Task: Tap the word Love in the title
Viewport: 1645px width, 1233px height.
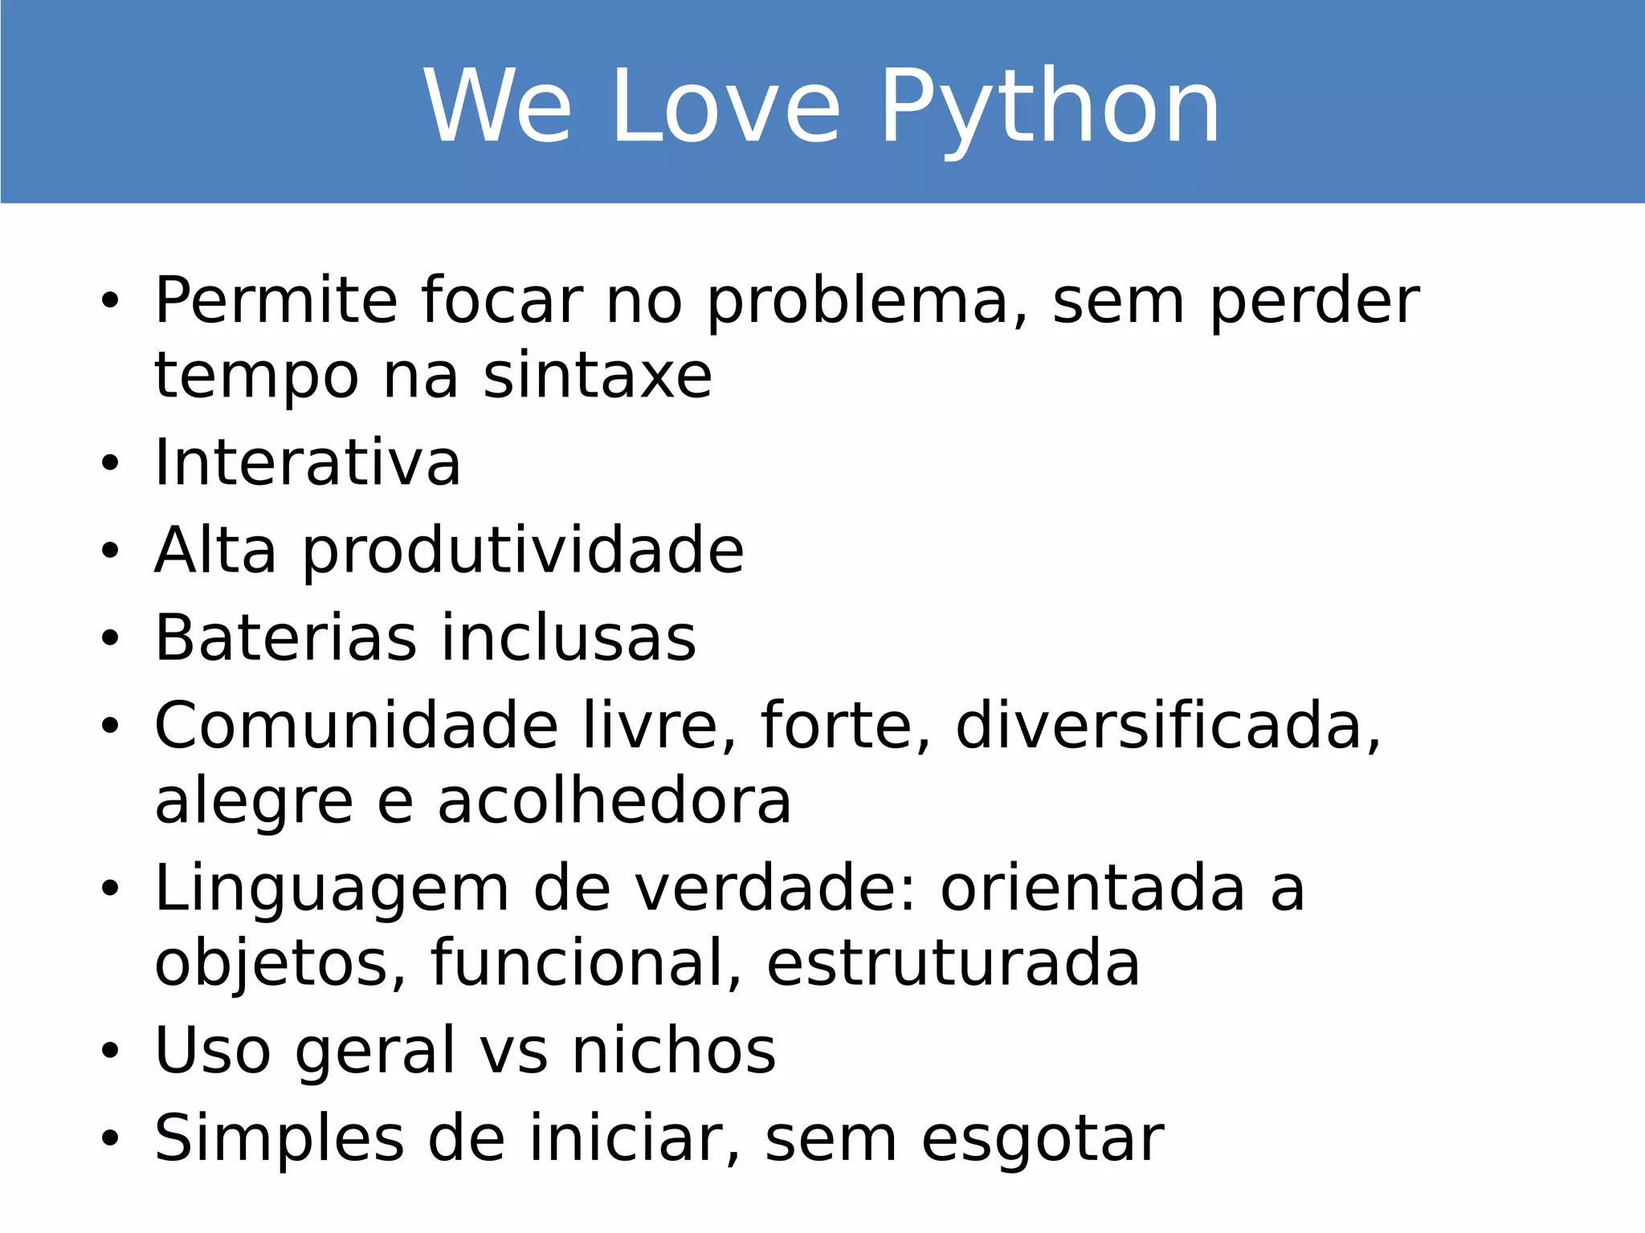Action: click(726, 108)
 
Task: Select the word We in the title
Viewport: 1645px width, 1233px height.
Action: click(497, 108)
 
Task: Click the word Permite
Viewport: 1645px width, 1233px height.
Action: click(276, 300)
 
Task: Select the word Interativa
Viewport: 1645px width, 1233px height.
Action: click(308, 463)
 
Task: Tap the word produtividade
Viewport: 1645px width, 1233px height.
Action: click(523, 551)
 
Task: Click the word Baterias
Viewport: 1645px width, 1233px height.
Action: click(286, 638)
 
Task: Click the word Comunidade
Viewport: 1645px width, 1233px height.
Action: click(356, 726)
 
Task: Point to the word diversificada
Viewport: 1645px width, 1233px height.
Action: click(1167, 726)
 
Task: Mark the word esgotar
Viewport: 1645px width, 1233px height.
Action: click(1043, 1139)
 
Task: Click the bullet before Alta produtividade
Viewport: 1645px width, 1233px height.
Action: click(110, 551)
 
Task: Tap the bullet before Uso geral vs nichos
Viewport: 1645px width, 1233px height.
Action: click(110, 1051)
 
